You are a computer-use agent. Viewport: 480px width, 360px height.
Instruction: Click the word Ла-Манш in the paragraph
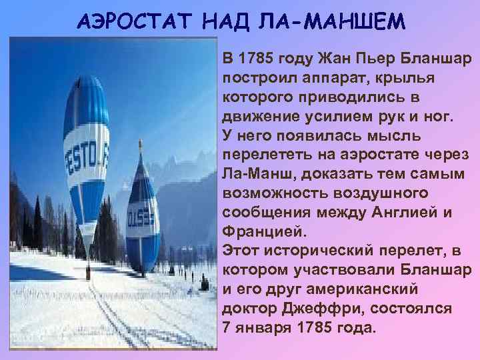tap(254, 175)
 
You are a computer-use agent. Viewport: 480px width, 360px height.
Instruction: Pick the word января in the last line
tap(259, 329)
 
